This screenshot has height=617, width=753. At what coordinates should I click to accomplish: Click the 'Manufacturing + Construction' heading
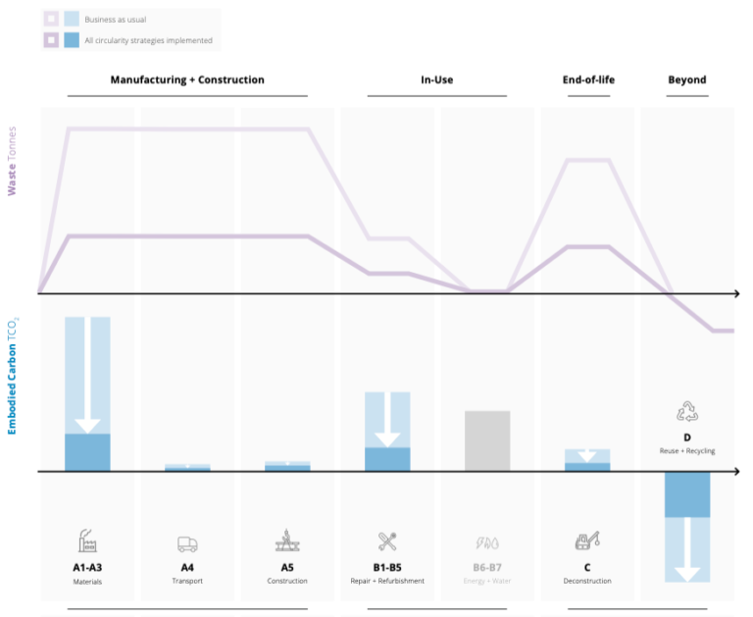187,79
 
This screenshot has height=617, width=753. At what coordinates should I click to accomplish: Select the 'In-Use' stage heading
436,79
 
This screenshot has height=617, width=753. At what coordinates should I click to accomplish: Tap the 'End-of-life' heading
587,79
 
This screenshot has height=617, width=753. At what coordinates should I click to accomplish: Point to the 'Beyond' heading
686,79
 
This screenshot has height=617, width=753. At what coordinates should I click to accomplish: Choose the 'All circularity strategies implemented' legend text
149,40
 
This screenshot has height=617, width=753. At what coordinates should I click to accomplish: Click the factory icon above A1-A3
87,540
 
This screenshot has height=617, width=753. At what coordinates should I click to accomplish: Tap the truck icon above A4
187,543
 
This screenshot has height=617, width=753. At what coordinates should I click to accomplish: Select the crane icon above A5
287,540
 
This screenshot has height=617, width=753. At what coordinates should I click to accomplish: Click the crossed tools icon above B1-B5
386,540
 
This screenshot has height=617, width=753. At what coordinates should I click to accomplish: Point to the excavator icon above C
586,540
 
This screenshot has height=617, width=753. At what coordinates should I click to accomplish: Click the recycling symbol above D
686,412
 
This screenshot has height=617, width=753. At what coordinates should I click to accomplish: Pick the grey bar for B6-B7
487,440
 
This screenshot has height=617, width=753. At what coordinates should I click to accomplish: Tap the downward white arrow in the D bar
686,549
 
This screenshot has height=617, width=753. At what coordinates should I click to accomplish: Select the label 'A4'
187,567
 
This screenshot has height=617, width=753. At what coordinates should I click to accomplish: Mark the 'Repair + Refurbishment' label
386,582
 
